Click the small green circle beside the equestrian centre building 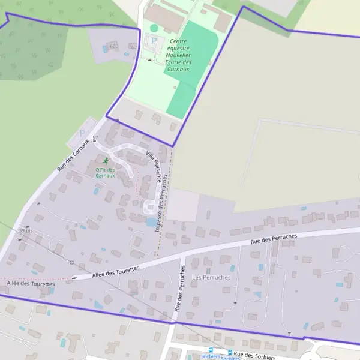click(x=154, y=28)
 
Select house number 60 click(x=113, y=46)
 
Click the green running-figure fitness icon click(x=106, y=161)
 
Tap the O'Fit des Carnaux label click(x=104, y=173)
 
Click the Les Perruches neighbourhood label click(x=211, y=277)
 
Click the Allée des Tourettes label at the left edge click(x=31, y=283)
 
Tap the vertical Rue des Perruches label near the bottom click(x=178, y=287)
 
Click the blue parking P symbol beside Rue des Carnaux click(x=82, y=133)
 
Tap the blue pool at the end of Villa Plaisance click(x=149, y=222)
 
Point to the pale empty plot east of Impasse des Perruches click(x=183, y=205)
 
